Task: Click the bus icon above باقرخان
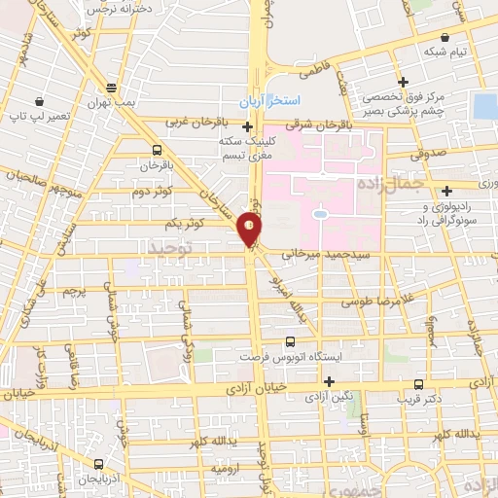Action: click(157, 150)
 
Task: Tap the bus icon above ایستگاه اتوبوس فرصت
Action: click(290, 342)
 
